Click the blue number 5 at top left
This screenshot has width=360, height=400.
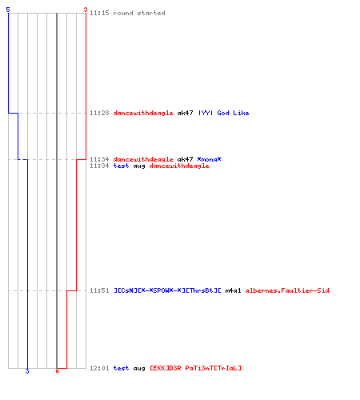tap(8, 10)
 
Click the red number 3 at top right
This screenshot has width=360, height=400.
tap(86, 10)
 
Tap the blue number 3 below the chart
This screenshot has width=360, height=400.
tap(27, 371)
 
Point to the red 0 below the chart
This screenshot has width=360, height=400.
tap(57, 371)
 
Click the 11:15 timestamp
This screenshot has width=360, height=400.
tap(99, 13)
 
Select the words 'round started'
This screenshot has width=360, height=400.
tap(139, 13)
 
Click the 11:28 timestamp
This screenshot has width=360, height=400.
tap(99, 113)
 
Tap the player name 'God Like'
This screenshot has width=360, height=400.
tap(233, 113)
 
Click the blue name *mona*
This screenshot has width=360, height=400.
tap(209, 159)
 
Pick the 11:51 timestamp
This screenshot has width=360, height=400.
tap(99, 290)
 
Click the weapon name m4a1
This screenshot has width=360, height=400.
tap(233, 290)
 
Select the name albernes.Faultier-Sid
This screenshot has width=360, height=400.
tap(287, 290)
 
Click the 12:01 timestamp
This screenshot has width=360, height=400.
tap(99, 368)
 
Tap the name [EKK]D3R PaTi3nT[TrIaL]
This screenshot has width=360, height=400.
tap(195, 368)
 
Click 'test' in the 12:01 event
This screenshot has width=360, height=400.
tap(121, 368)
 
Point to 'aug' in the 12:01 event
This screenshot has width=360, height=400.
tap(139, 369)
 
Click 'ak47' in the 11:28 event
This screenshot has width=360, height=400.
tap(185, 113)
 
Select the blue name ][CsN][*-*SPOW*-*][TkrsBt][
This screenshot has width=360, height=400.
tap(167, 290)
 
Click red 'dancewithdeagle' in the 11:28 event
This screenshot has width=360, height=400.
tap(143, 113)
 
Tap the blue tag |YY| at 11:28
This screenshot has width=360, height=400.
tap(206, 113)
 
